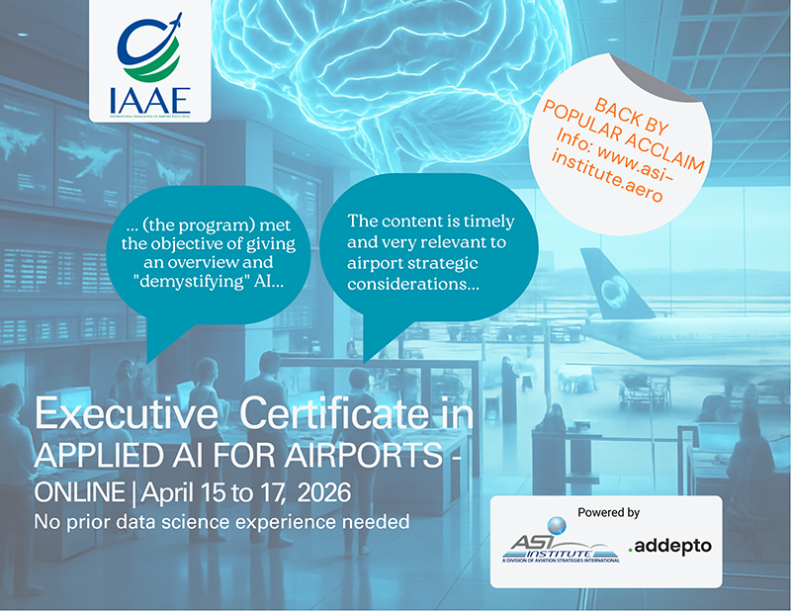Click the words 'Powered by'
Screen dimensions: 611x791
click(606, 512)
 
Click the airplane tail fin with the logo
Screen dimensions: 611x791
click(613, 287)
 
